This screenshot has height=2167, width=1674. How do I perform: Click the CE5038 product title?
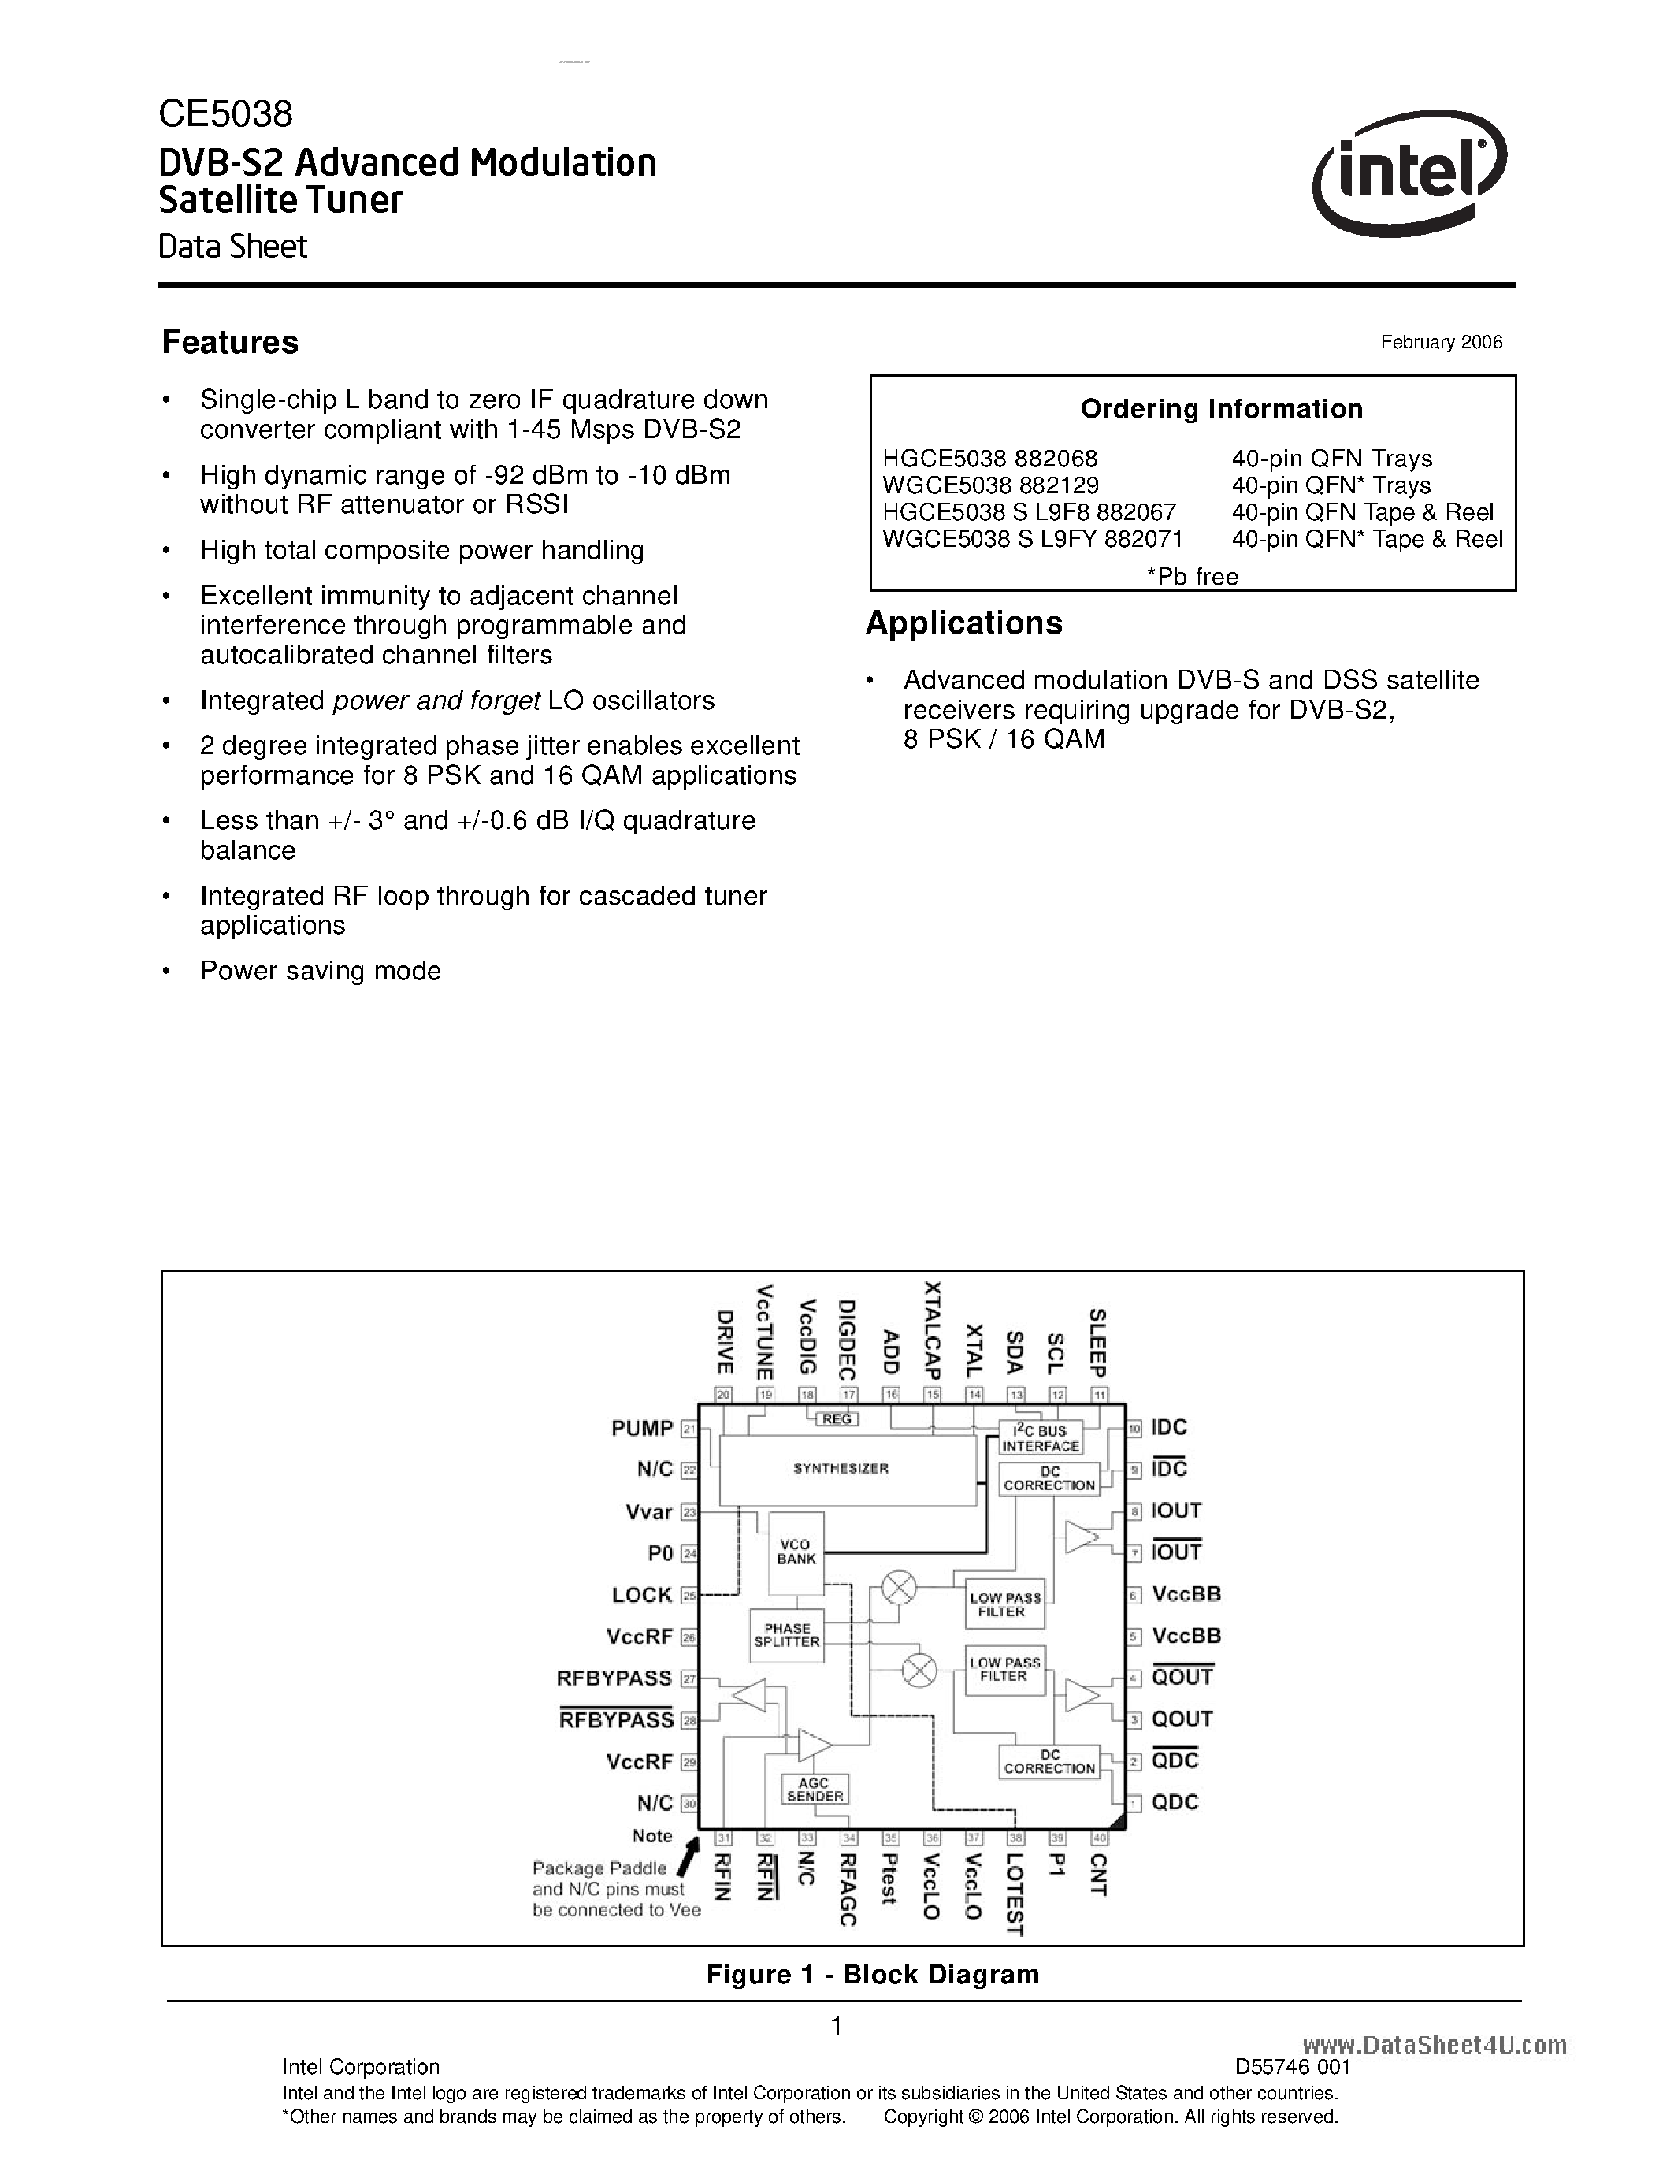(x=225, y=115)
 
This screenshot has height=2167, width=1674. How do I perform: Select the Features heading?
(x=230, y=342)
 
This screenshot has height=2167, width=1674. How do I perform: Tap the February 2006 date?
(x=1441, y=342)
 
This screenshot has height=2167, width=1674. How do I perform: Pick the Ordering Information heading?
(x=1221, y=409)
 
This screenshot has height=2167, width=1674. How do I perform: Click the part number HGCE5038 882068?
(x=989, y=459)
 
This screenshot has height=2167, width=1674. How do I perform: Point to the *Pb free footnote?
(x=1192, y=577)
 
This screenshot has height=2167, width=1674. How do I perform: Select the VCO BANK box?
(x=796, y=1552)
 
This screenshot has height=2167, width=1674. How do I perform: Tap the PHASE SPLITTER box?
(x=786, y=1634)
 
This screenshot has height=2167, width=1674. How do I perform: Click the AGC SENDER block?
(x=815, y=1789)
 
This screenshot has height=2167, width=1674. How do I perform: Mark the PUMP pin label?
(x=641, y=1428)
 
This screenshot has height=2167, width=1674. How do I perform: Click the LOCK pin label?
(x=641, y=1594)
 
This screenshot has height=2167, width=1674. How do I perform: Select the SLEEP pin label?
(x=1098, y=1341)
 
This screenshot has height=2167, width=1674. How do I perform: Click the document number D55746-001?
(x=1292, y=2067)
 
